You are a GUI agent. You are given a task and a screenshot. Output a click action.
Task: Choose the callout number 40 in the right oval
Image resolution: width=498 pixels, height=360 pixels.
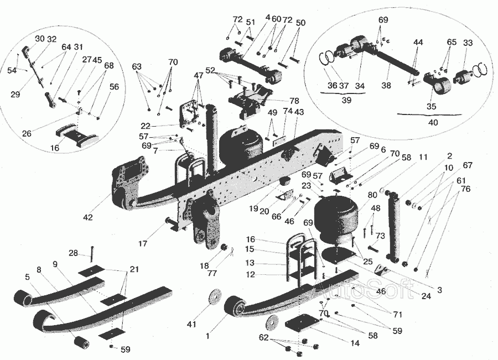433,122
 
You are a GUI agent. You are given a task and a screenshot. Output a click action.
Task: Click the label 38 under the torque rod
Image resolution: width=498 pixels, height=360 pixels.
386,86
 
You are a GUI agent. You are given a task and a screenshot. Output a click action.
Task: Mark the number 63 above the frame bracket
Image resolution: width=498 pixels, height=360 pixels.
137,66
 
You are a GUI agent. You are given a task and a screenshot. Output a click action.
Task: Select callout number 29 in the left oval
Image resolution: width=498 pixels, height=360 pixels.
15,95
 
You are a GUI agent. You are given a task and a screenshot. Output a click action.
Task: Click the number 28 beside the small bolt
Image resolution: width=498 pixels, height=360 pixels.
73,253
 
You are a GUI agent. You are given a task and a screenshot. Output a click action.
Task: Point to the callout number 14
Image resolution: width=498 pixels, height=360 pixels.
355,343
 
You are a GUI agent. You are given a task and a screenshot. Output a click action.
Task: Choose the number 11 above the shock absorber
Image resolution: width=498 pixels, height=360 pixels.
423,158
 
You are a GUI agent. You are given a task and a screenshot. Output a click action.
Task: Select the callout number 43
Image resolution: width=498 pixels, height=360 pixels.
299,112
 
